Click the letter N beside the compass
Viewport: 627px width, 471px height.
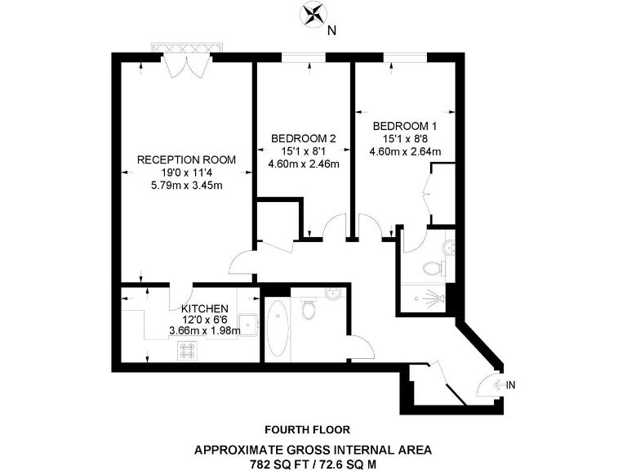click(331, 32)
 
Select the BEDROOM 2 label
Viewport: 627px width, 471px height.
click(303, 138)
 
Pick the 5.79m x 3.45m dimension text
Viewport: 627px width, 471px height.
click(187, 186)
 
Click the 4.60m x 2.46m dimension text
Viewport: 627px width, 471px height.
click(303, 164)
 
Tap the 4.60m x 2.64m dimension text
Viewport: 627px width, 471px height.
click(405, 151)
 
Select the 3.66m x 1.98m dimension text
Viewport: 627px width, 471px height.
click(204, 330)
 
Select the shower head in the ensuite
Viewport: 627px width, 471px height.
click(442, 298)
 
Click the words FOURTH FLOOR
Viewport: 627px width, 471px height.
click(308, 428)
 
